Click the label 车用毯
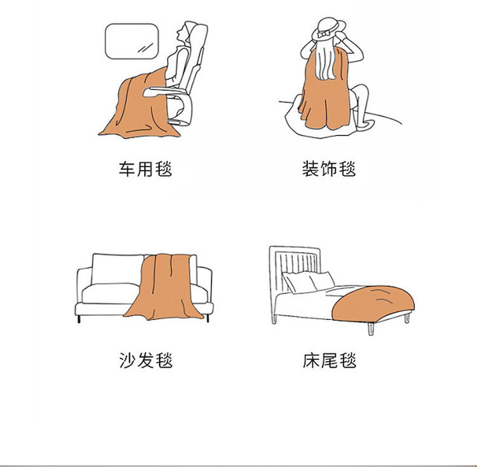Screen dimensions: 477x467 146,169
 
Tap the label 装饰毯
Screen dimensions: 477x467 329,169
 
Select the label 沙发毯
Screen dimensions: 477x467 146,361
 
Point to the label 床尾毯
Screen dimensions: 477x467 329,361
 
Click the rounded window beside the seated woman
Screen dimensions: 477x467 132,41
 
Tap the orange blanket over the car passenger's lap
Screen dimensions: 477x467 137,106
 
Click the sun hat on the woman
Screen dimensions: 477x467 331,28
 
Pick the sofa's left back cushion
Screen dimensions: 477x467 117,269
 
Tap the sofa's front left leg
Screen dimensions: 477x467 79,319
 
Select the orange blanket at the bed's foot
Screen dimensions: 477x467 373,304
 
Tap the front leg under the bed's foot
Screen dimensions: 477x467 370,329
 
